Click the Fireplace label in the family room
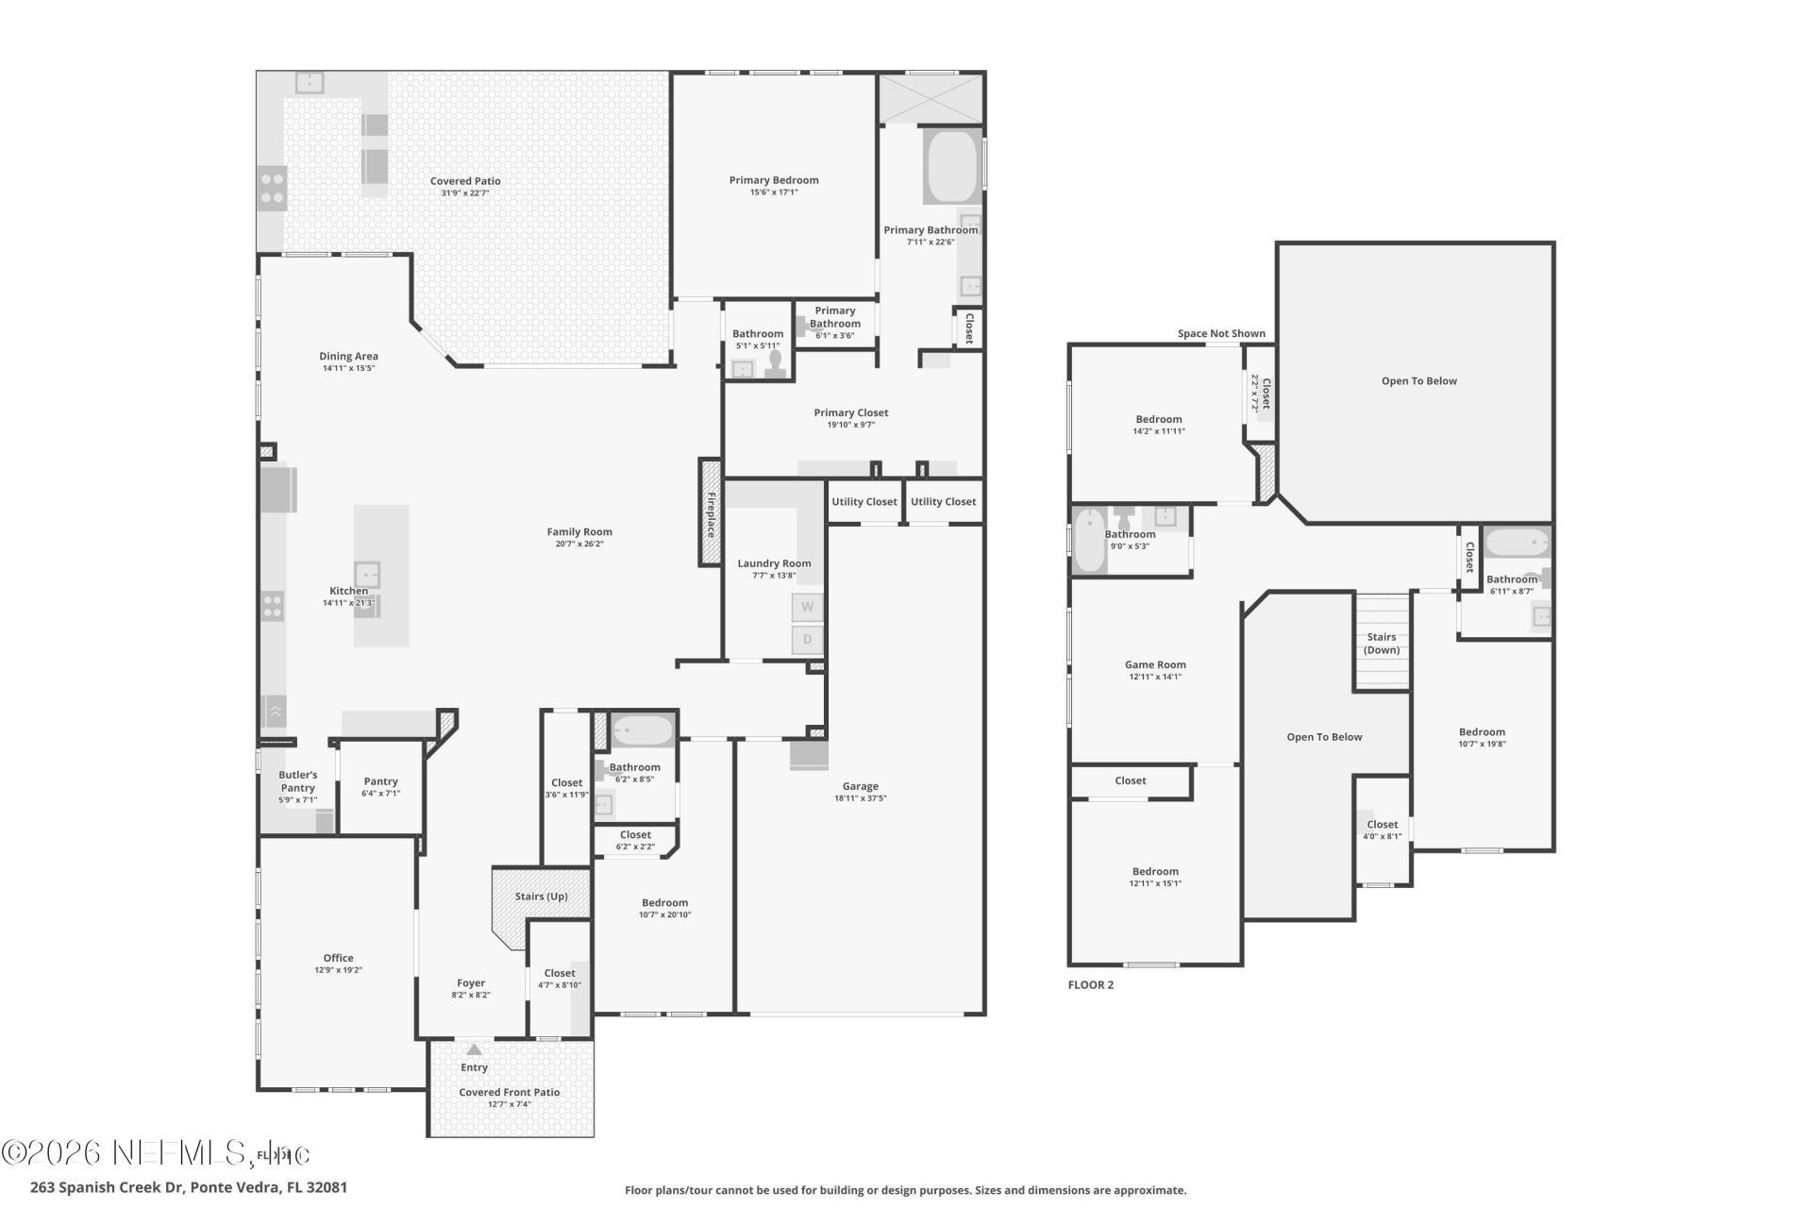(711, 514)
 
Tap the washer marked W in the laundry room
(807, 607)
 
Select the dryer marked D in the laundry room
(807, 640)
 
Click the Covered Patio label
(465, 181)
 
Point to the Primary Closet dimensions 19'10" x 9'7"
(850, 425)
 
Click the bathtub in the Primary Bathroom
(952, 167)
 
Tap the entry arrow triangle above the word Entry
(475, 1049)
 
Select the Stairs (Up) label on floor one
(542, 897)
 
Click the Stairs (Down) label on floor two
(1382, 644)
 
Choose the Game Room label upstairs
(1155, 664)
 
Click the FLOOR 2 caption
(1090, 985)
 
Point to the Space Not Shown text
(1221, 333)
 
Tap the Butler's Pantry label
(297, 781)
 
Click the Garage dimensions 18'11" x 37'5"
(860, 798)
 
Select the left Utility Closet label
(864, 502)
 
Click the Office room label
(338, 958)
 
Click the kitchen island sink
(367, 575)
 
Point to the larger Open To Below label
(1418, 381)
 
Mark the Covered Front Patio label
(510, 1093)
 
